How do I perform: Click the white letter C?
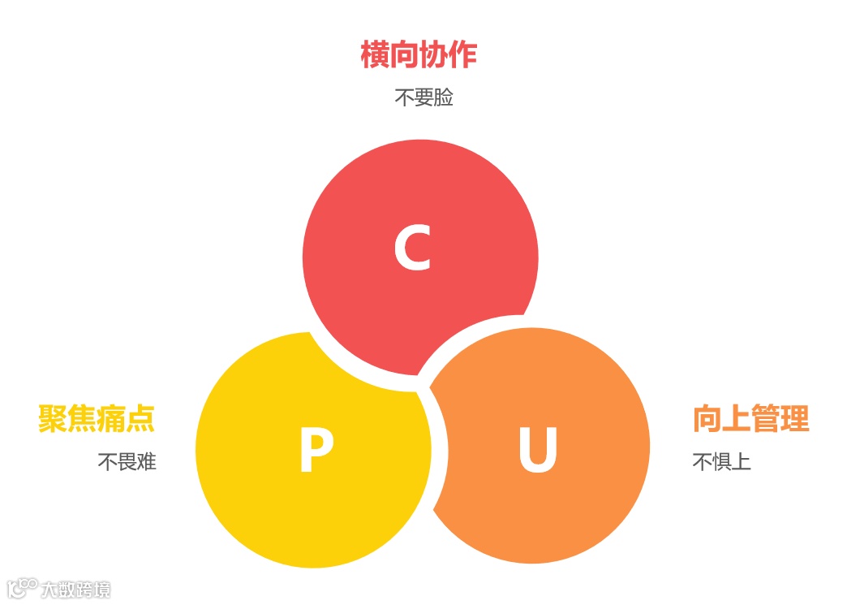pos(412,248)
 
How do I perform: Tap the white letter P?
pos(316,451)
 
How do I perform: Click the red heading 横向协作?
pos(419,55)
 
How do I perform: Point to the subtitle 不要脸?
pos(423,98)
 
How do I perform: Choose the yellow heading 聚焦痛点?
pos(97,419)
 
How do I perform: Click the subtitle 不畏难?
pos(127,462)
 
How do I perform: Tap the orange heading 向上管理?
pos(750,419)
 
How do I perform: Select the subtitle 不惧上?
pos(721,462)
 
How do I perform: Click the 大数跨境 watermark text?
pos(75,590)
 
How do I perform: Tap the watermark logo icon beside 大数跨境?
pos(22,588)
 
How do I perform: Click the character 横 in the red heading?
pos(375,55)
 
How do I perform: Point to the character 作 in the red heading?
pos(462,55)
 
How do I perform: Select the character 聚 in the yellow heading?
pos(53,419)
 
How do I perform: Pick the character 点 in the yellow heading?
pos(140,419)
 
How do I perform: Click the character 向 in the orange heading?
pos(707,419)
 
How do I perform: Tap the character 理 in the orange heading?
pos(794,419)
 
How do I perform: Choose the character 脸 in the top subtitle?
pos(443,98)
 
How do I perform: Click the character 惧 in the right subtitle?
pos(721,462)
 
